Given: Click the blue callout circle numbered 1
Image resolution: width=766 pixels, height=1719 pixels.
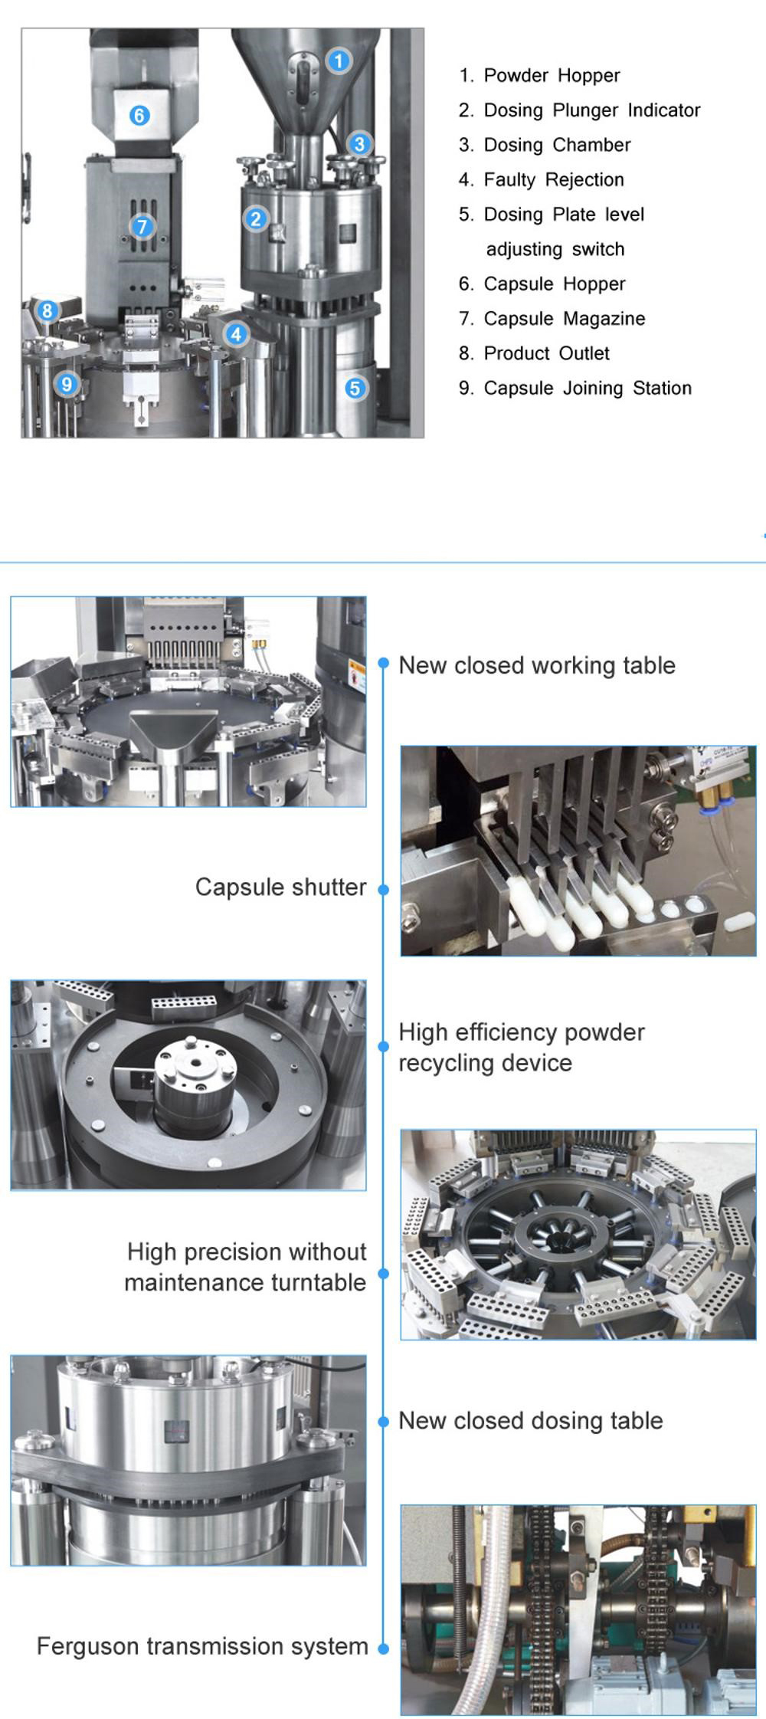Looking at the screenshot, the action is pos(339,61).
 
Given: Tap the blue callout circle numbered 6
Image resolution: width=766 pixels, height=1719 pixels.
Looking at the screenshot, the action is pos(139,116).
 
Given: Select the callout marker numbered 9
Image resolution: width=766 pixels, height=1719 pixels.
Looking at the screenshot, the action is pos(67,384).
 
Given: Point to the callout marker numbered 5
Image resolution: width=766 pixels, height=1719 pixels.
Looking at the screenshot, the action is pos(354,388).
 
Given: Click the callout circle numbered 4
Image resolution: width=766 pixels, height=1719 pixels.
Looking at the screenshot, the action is pos(236,334).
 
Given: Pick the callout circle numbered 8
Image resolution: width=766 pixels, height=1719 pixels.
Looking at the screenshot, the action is pos(47,310).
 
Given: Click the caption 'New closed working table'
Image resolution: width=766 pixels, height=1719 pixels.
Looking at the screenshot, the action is pos(537,665).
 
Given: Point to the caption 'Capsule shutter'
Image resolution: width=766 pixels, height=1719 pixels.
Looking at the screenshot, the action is pos(280,887).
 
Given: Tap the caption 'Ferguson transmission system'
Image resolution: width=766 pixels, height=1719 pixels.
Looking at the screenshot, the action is pos(202,1646).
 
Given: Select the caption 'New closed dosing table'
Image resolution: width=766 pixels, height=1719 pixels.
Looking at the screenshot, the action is pos(530,1421).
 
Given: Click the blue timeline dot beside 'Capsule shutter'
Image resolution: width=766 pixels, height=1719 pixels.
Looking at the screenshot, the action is pos(384,890).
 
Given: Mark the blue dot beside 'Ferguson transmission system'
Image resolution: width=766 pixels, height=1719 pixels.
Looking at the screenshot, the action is pos(384,1648).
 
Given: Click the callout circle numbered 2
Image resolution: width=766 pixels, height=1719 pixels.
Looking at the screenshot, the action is pos(256,219).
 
